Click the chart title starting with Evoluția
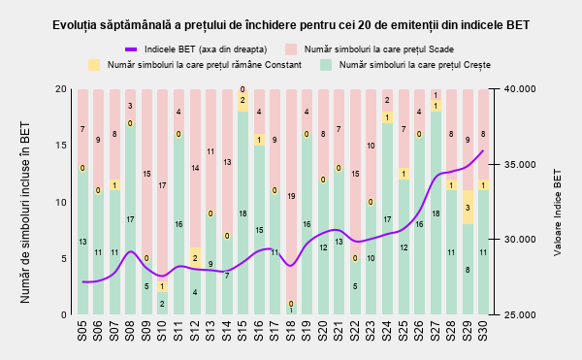(291, 25)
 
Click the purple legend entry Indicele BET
(196, 49)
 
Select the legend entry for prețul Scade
(370, 49)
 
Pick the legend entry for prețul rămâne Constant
(195, 65)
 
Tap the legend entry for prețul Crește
(405, 65)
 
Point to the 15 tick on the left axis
(61, 146)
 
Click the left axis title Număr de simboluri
(25, 213)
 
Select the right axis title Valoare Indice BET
(558, 213)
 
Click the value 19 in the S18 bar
(291, 196)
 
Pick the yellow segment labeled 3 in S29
(468, 207)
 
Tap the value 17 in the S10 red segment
(162, 185)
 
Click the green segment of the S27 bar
(436, 213)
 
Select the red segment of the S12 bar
(196, 168)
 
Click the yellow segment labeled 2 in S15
(242, 100)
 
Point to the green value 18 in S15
(242, 213)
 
